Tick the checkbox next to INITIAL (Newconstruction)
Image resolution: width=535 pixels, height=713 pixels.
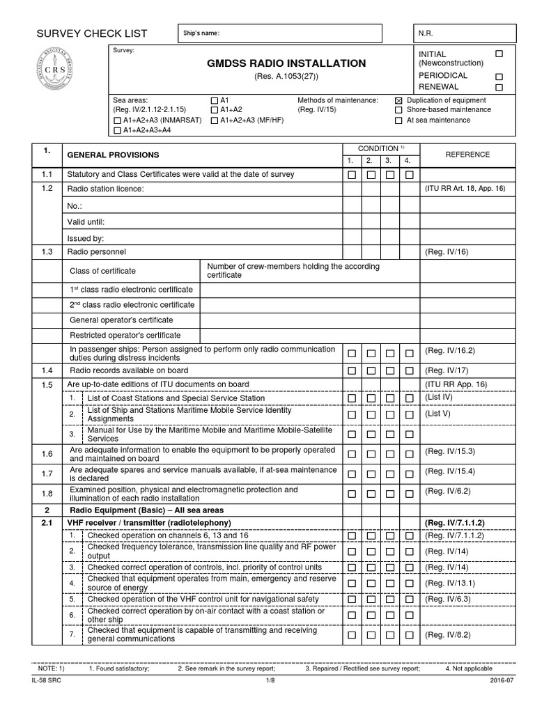[x=498, y=54]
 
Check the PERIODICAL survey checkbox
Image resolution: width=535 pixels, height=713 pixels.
[x=498, y=77]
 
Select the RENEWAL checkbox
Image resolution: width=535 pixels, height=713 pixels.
[x=498, y=88]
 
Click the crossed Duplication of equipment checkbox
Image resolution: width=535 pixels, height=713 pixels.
[x=398, y=101]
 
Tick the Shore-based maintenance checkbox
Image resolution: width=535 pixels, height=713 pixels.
[x=398, y=110]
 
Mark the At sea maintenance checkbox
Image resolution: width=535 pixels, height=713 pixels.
[x=398, y=120]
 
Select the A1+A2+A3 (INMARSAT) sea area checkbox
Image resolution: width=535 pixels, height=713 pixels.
[x=116, y=120]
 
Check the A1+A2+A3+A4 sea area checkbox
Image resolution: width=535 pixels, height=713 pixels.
[x=116, y=130]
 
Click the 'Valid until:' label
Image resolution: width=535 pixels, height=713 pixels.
[x=86, y=221]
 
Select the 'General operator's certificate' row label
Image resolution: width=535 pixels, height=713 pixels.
[x=121, y=320]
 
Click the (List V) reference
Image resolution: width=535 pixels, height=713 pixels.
[x=439, y=414]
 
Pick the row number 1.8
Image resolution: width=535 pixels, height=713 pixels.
[x=47, y=494]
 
